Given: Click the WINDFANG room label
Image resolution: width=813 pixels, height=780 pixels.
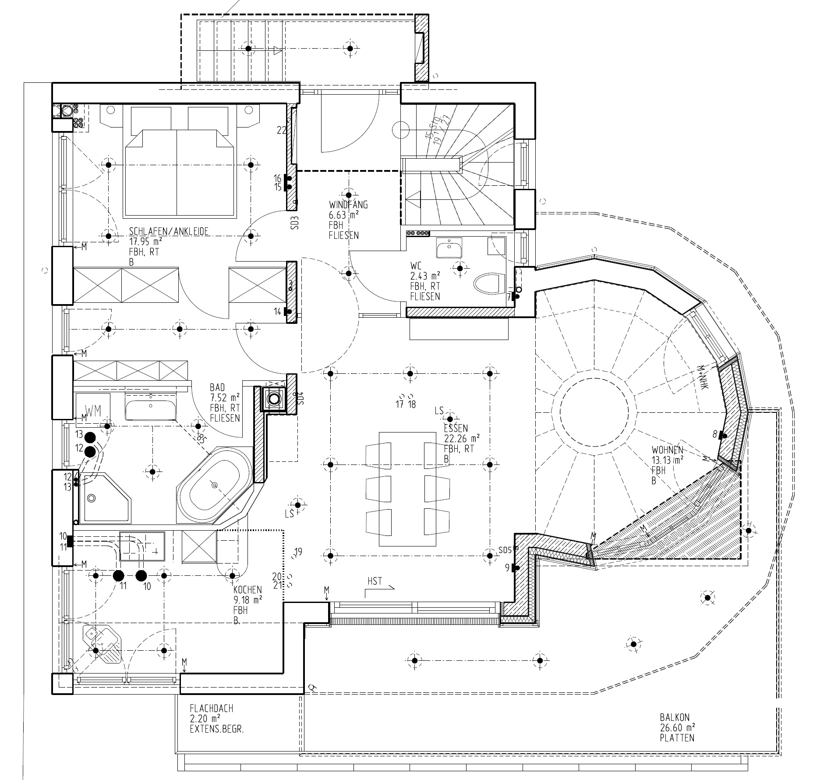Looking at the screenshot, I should [x=348, y=205].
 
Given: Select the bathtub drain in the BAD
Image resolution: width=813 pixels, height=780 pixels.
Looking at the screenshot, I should [x=214, y=485].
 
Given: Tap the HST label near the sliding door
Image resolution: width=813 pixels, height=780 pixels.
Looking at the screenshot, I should [x=375, y=581].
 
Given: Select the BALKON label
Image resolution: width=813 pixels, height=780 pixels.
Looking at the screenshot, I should [x=675, y=718].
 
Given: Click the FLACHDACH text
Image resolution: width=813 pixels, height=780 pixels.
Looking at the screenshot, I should [x=211, y=708].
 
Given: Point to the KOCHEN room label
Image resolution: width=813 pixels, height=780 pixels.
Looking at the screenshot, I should [x=247, y=590].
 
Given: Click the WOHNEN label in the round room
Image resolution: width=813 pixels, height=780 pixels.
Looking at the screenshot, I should [x=667, y=450].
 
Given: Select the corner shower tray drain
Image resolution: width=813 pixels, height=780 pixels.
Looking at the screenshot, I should [x=92, y=498].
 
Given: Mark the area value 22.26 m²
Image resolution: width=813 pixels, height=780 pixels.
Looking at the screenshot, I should [x=462, y=438].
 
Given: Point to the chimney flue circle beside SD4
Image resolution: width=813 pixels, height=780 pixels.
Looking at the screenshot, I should [x=274, y=399].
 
